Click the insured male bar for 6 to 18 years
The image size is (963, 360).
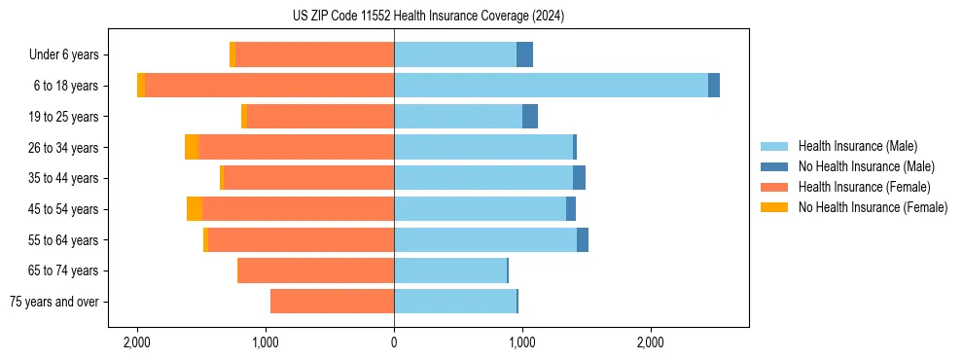tap(551, 86)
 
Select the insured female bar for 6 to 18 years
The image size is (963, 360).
tap(269, 86)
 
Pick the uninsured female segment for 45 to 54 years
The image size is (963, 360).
tap(195, 209)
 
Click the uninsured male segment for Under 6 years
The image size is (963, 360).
tap(524, 55)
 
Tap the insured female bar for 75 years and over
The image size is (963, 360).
tap(332, 302)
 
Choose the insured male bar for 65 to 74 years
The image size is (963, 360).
tap(450, 270)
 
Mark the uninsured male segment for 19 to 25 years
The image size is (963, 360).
tap(530, 117)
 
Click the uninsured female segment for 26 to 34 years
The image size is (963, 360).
tap(192, 148)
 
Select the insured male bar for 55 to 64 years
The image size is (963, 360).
tap(485, 240)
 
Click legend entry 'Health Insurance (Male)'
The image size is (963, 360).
tap(857, 146)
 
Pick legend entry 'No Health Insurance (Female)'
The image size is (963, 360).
tap(873, 207)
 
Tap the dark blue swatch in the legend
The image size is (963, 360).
tap(774, 166)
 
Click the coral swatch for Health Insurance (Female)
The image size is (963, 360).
tap(774, 187)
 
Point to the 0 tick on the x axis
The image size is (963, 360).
tap(394, 342)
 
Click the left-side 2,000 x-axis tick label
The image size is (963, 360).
tap(137, 342)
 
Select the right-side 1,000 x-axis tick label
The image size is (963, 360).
tap(522, 342)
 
